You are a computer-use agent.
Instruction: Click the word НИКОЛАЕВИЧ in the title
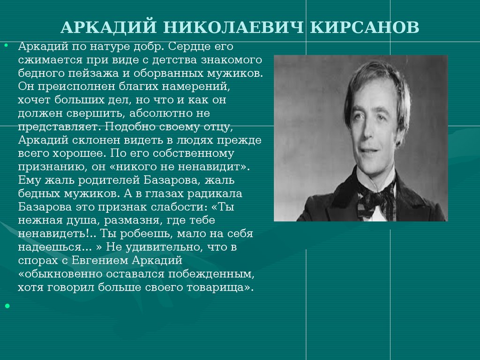233,27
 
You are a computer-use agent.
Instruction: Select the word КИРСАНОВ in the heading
364,27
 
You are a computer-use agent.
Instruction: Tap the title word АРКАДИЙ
109,27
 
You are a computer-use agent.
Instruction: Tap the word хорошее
80,153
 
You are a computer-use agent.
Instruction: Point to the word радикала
212,194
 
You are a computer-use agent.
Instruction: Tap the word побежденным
211,274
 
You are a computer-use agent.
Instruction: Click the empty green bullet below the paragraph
7,306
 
